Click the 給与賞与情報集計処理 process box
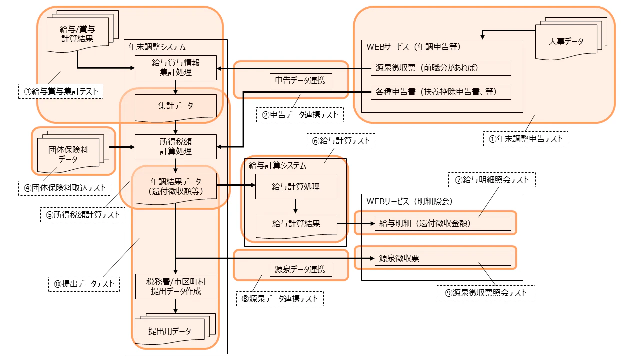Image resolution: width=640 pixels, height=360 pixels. tap(176, 68)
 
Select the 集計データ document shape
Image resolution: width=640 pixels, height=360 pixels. tap(176, 106)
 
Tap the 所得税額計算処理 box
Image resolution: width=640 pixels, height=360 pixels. tap(176, 147)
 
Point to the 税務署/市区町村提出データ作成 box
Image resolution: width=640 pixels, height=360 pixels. tap(176, 286)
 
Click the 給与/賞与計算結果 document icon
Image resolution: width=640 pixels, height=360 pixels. tap(77, 33)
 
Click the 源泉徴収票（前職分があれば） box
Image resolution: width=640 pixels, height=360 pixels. tap(441, 68)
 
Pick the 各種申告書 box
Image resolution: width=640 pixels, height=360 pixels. tap(441, 92)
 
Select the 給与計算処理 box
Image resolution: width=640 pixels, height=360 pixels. tap(296, 187)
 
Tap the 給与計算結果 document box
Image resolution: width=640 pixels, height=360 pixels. tap(296, 224)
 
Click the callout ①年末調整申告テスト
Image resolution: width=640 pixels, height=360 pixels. tap(526, 139)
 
